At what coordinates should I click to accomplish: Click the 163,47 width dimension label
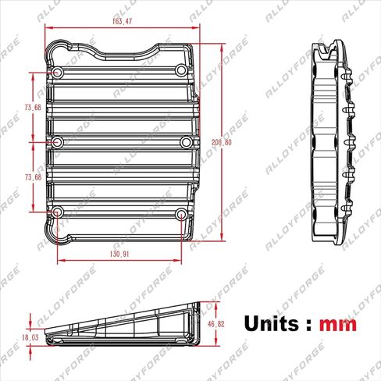123,21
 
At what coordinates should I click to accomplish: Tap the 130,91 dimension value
119,255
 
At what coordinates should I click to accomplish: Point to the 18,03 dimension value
31,337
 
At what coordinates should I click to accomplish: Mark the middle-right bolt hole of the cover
186,142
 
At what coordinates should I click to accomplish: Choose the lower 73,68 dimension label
33,177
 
